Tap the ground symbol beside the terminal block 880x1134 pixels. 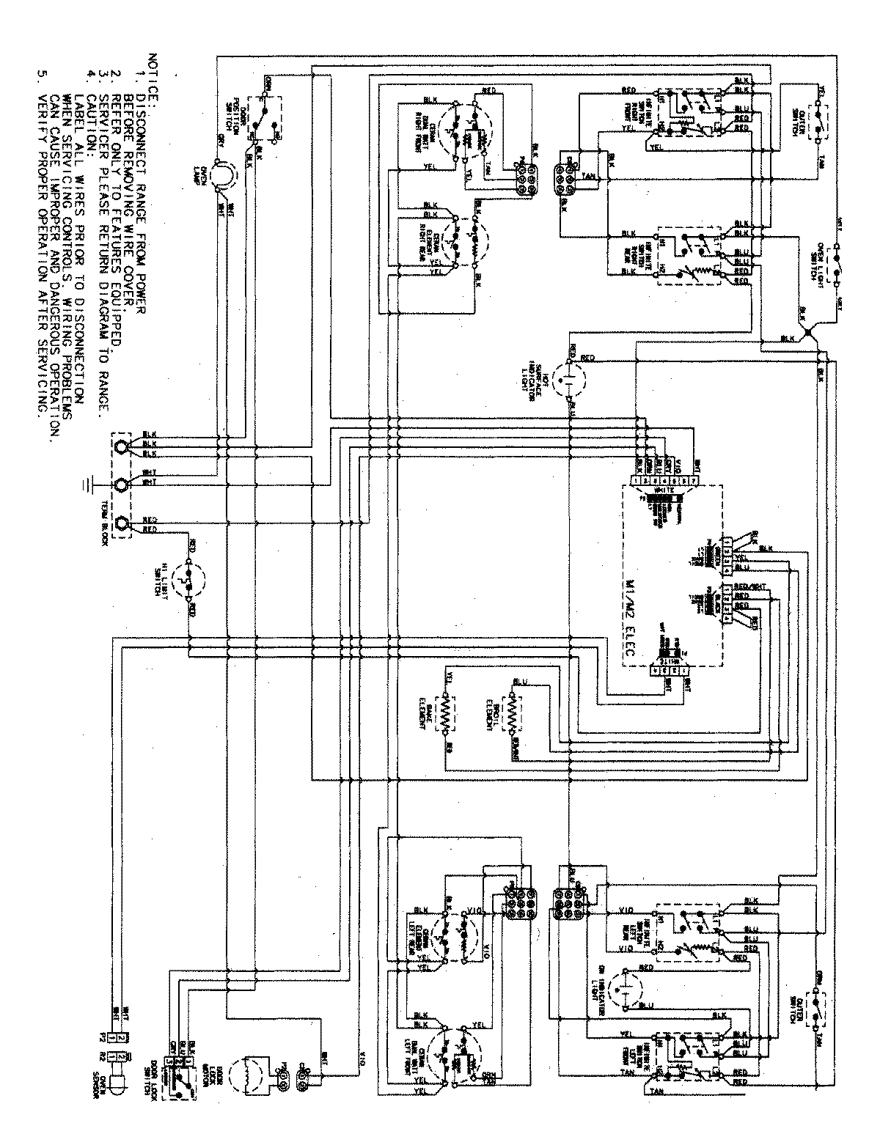pos(89,485)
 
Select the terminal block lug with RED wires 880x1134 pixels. pos(122,525)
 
